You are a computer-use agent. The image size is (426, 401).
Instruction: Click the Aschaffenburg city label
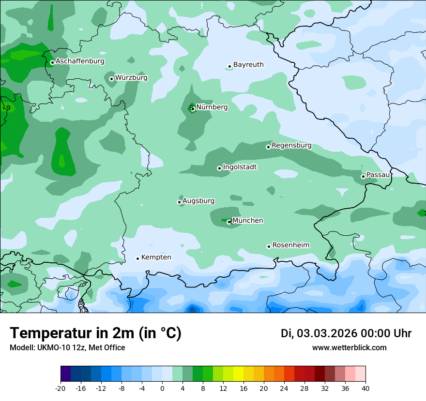tap(80, 61)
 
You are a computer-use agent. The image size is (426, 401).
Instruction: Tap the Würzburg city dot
tap(111, 79)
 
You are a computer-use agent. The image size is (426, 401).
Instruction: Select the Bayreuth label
tap(248, 65)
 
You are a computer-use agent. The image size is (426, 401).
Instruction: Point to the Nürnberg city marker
tap(193, 108)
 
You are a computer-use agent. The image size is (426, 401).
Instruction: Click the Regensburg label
tap(291, 145)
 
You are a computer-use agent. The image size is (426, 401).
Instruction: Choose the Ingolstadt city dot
tap(219, 168)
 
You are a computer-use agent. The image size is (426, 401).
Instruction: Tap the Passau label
tap(378, 175)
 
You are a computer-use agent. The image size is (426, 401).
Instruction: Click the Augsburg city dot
tap(179, 202)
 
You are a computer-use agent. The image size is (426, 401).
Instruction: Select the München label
tap(248, 221)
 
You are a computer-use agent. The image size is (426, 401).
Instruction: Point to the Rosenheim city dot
tap(269, 246)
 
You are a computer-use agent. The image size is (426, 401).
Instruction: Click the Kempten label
tap(156, 258)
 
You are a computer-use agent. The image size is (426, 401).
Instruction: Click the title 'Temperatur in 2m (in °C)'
tap(95, 333)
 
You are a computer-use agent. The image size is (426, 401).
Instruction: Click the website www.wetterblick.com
tap(349, 348)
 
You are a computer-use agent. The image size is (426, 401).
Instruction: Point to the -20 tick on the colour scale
tap(61, 388)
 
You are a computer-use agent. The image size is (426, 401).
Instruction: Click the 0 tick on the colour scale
tap(162, 388)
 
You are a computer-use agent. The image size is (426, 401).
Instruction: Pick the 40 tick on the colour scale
tap(365, 388)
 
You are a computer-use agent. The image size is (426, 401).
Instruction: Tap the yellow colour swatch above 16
tap(238, 374)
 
